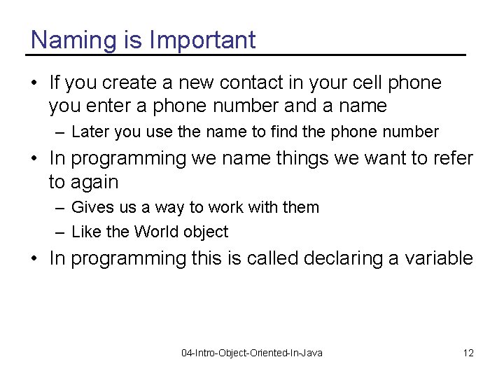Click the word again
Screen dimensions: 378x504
pos(93,183)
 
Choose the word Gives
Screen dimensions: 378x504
pos(90,207)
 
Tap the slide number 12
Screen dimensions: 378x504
pos(468,353)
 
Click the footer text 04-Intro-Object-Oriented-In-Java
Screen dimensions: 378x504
pos(252,353)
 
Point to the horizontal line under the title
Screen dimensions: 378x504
pos(246,55)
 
